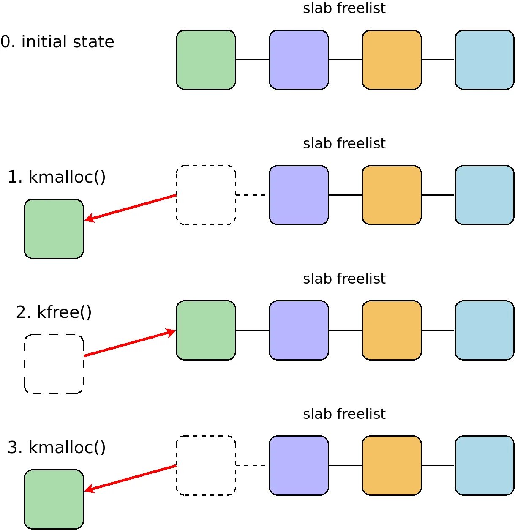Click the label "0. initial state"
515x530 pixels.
click(57, 42)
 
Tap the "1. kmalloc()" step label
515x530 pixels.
click(57, 177)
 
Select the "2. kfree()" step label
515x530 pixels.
click(54, 312)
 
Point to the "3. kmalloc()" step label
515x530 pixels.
click(57, 448)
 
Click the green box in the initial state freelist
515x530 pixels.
click(206, 60)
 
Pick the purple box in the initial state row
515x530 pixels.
click(299, 60)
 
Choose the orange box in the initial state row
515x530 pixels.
click(392, 60)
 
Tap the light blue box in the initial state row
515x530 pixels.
click(485, 60)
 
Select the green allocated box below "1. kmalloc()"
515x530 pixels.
click(54, 229)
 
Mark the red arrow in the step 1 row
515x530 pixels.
click(131, 208)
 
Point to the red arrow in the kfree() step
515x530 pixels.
click(130, 342)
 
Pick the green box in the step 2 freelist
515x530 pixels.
click(206, 331)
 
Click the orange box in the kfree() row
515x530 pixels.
click(392, 331)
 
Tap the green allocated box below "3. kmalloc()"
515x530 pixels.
click(54, 499)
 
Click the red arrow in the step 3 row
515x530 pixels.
click(131, 478)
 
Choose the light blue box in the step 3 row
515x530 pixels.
click(485, 465)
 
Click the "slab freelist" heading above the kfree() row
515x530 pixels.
click(344, 279)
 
